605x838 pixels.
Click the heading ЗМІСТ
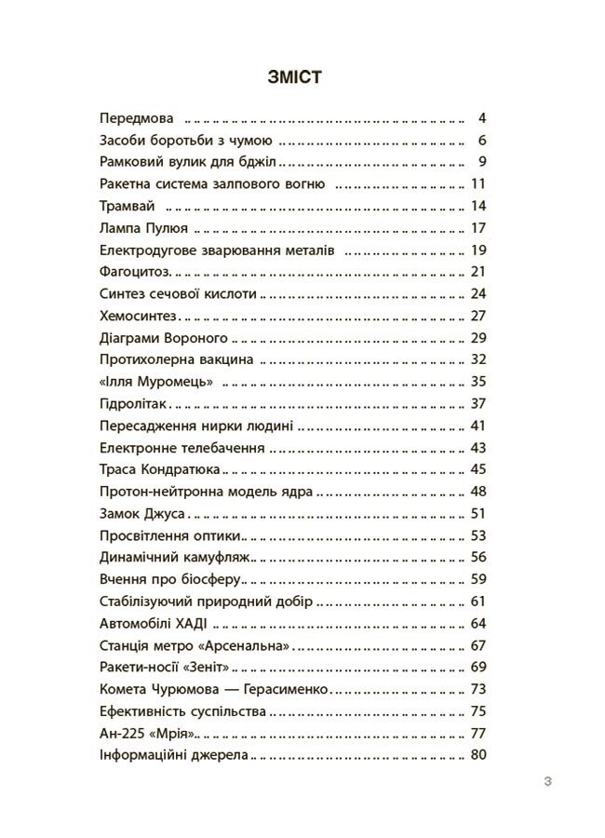click(293, 76)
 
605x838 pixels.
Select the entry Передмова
click(137, 119)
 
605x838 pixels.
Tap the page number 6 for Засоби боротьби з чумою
click(482, 141)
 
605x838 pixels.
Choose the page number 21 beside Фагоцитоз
click(479, 271)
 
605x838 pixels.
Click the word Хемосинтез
click(137, 315)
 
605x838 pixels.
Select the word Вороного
click(196, 337)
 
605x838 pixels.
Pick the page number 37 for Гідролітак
click(479, 402)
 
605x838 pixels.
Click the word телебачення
click(221, 446)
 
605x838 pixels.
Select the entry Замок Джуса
click(142, 511)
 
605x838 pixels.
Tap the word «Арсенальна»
click(247, 643)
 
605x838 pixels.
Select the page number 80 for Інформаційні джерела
click(479, 753)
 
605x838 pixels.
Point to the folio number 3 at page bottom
click(547, 782)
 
